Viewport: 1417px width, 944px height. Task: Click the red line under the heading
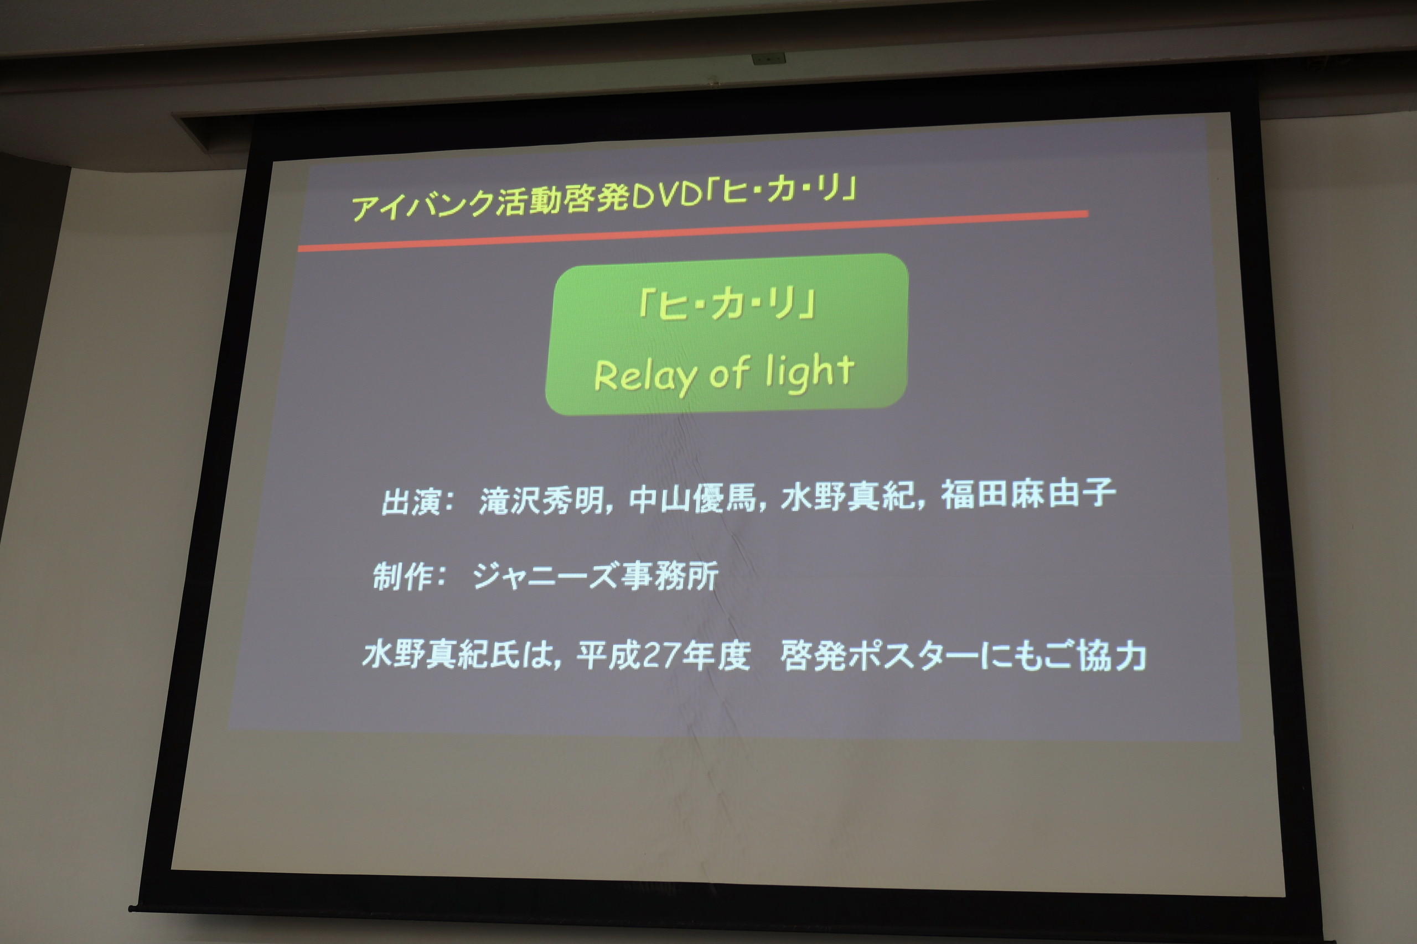pos(693,230)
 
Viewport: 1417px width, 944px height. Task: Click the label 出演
pos(411,502)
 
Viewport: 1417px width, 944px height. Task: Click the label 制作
pos(403,577)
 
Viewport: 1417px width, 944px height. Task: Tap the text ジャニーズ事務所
pos(595,576)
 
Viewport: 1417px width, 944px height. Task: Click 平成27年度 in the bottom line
pos(663,655)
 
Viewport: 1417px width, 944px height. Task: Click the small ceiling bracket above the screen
pos(769,59)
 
